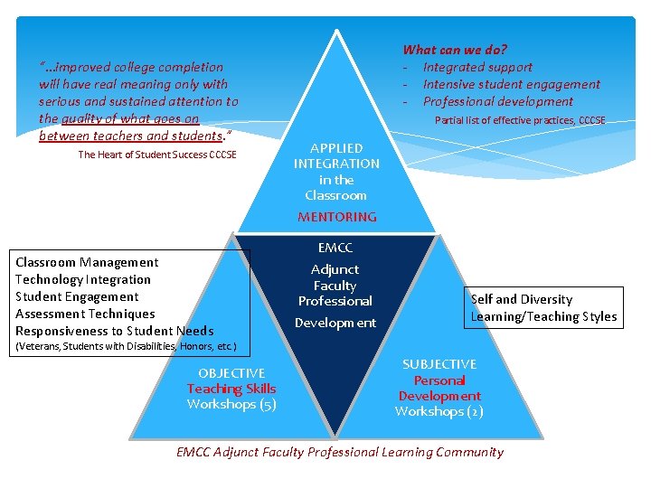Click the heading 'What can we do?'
(455, 50)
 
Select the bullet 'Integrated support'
(477, 67)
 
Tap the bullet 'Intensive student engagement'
(511, 84)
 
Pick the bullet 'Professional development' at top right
(497, 101)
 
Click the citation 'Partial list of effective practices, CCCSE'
(520, 120)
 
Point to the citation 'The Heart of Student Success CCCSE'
(157, 155)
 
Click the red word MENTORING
(336, 217)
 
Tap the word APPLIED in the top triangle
(336, 148)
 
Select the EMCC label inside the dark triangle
(335, 248)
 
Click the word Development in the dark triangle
(335, 323)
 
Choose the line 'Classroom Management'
(87, 262)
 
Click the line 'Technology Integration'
(83, 279)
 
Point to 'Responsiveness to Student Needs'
(115, 331)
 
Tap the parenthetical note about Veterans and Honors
(127, 346)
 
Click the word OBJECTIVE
(231, 373)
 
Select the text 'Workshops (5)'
(231, 404)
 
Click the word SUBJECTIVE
(439, 364)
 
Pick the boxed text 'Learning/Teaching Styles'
(543, 316)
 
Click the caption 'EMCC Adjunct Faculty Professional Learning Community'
(340, 452)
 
